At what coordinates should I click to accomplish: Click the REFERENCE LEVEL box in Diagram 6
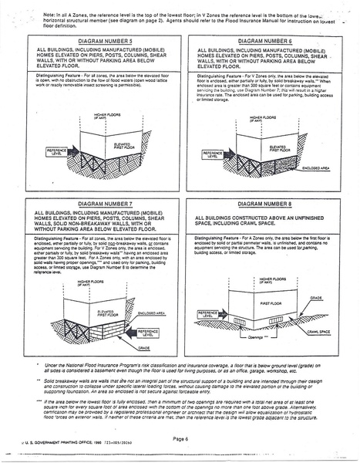point(213,154)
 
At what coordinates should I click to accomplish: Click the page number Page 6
point(181,438)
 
